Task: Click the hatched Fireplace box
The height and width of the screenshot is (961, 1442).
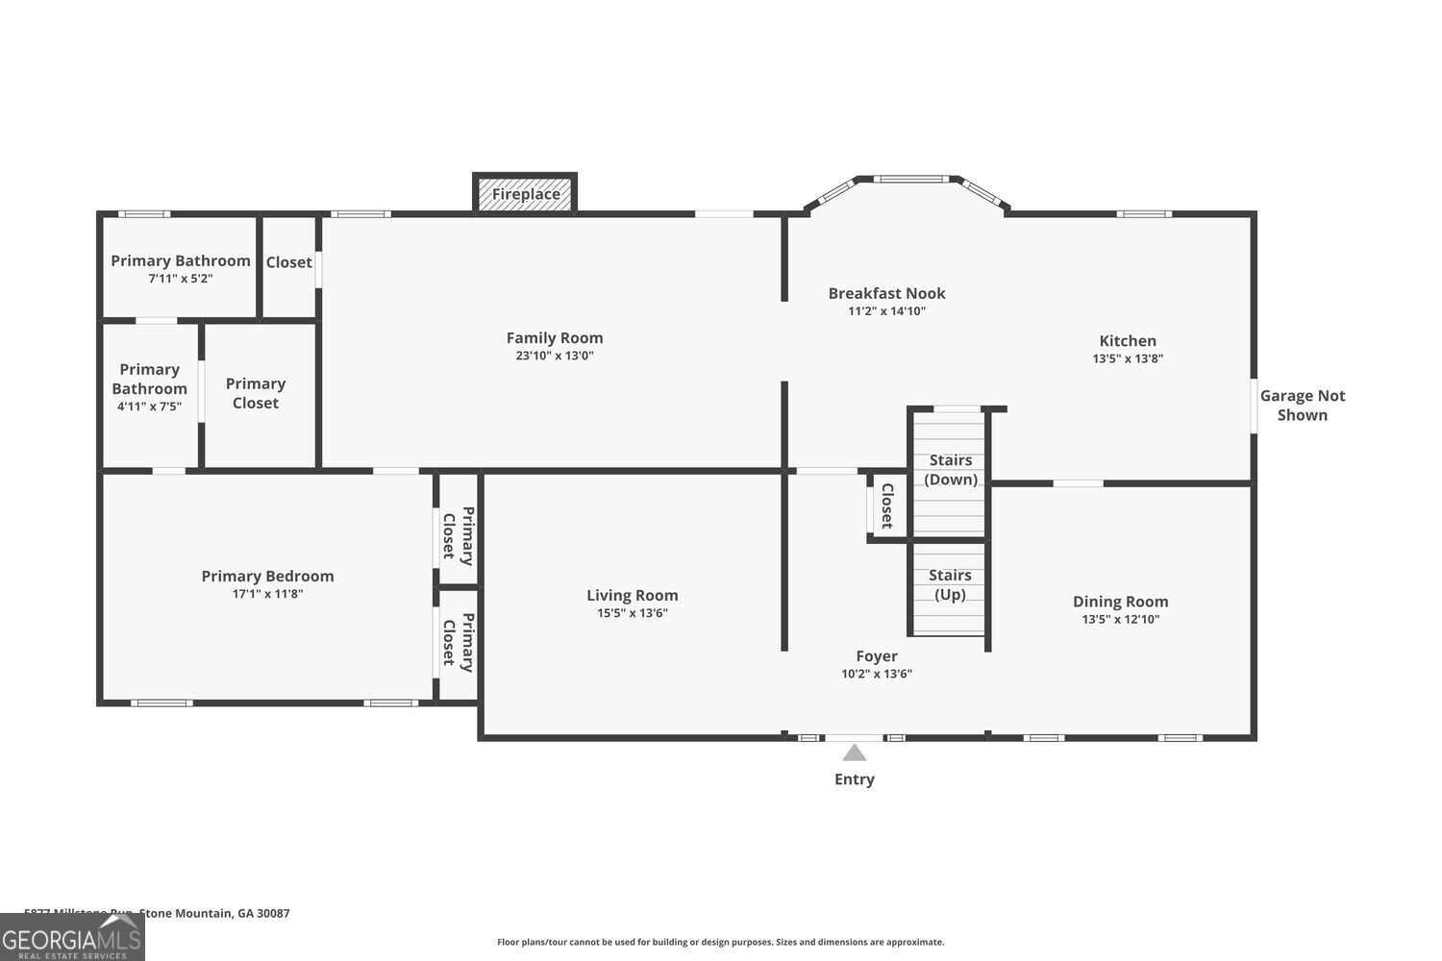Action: pyautogui.click(x=526, y=194)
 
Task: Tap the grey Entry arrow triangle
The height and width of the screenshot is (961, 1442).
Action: pyautogui.click(x=854, y=752)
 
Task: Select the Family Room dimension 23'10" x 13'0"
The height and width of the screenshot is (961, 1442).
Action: pyautogui.click(x=555, y=356)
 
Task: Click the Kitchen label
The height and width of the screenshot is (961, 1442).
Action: pyautogui.click(x=1128, y=340)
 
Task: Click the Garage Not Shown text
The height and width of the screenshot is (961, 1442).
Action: pyautogui.click(x=1302, y=406)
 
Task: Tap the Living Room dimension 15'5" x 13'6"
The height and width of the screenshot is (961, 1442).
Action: pyautogui.click(x=632, y=613)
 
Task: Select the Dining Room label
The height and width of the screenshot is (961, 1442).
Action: pyautogui.click(x=1120, y=602)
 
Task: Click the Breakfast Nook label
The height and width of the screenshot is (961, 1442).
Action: pyautogui.click(x=886, y=293)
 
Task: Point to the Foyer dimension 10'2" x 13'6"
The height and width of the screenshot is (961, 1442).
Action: pyautogui.click(x=876, y=674)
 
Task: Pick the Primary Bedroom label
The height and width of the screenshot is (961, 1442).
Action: pyautogui.click(x=267, y=576)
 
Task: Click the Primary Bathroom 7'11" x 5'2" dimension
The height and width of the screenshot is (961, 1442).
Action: pyautogui.click(x=180, y=279)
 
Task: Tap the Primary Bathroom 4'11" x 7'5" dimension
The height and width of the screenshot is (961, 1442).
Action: pyautogui.click(x=149, y=407)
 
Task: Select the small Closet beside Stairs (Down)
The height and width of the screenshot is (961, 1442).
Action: pyautogui.click(x=887, y=505)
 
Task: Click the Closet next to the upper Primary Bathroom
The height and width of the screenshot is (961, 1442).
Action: pyautogui.click(x=288, y=262)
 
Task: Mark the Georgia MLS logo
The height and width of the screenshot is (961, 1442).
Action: pyautogui.click(x=72, y=937)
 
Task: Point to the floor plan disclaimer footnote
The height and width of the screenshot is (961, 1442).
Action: pyautogui.click(x=720, y=942)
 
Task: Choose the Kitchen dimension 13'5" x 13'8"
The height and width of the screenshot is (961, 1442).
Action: pyautogui.click(x=1128, y=358)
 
